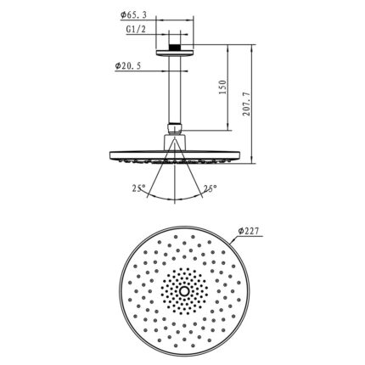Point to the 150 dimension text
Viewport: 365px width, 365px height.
click(222, 88)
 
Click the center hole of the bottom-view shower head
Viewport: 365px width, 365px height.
click(182, 289)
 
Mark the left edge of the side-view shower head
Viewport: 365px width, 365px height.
click(112, 154)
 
